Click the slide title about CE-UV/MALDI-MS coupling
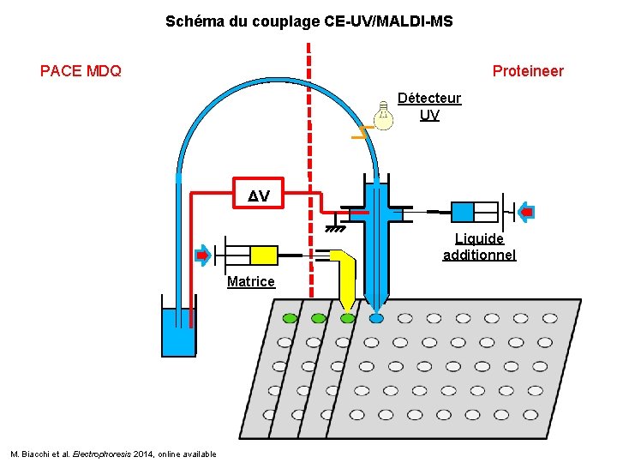click(308, 21)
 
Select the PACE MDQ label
click(81, 71)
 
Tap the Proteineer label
click(528, 71)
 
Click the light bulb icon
click(384, 115)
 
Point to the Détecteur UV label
click(429, 106)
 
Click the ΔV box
click(259, 196)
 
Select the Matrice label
click(251, 281)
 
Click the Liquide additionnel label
click(479, 246)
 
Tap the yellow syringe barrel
click(264, 255)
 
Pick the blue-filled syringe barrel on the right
click(462, 212)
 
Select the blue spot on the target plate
click(376, 318)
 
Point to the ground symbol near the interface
click(335, 229)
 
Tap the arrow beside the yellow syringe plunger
click(202, 255)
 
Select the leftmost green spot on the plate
click(290, 318)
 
